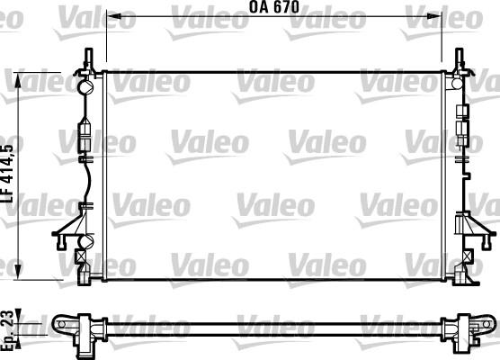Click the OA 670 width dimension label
[273, 7]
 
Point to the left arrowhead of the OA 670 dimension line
[110, 16]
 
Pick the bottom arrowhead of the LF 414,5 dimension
[20, 273]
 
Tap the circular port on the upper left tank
[87, 88]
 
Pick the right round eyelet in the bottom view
[485, 323]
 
